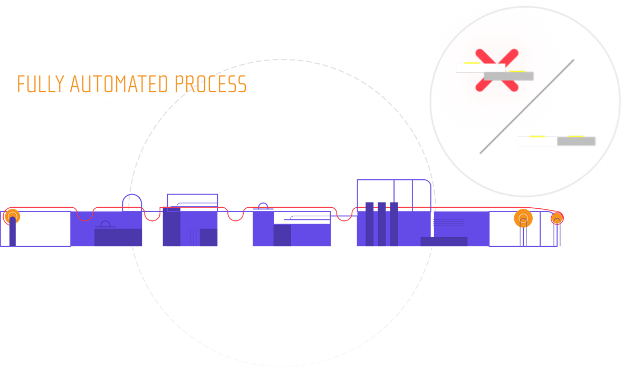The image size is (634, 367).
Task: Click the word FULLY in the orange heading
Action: (x=41, y=84)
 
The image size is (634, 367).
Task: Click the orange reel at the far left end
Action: (x=12, y=216)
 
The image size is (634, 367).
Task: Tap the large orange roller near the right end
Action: (x=523, y=218)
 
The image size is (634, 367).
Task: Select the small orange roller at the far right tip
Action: (x=556, y=217)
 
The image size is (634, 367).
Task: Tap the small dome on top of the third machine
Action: (x=263, y=206)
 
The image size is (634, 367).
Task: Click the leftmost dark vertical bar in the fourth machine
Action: (x=370, y=224)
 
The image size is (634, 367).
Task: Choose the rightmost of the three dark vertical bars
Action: (x=394, y=224)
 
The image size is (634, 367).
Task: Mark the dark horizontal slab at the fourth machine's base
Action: (x=444, y=242)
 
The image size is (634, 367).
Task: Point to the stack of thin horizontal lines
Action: (x=448, y=222)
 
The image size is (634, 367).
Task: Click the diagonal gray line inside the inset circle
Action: (x=527, y=105)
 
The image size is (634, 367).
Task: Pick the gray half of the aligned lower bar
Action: (x=577, y=142)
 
